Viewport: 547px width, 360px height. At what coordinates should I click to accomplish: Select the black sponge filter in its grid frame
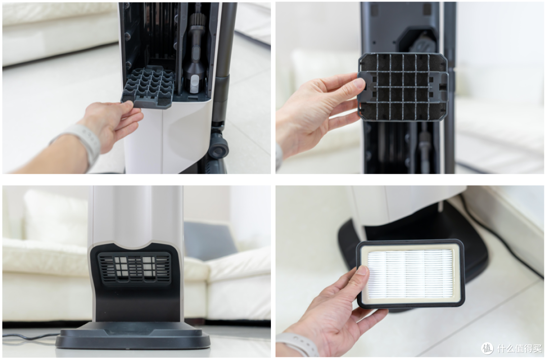coord(403,87)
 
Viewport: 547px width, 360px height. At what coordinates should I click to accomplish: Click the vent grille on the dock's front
coord(134,267)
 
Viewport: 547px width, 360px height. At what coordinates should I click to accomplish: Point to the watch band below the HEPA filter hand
coord(296,344)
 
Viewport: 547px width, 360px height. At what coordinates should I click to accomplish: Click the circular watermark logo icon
coord(487,348)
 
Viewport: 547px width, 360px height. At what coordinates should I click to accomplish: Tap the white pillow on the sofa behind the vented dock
coord(56,218)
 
